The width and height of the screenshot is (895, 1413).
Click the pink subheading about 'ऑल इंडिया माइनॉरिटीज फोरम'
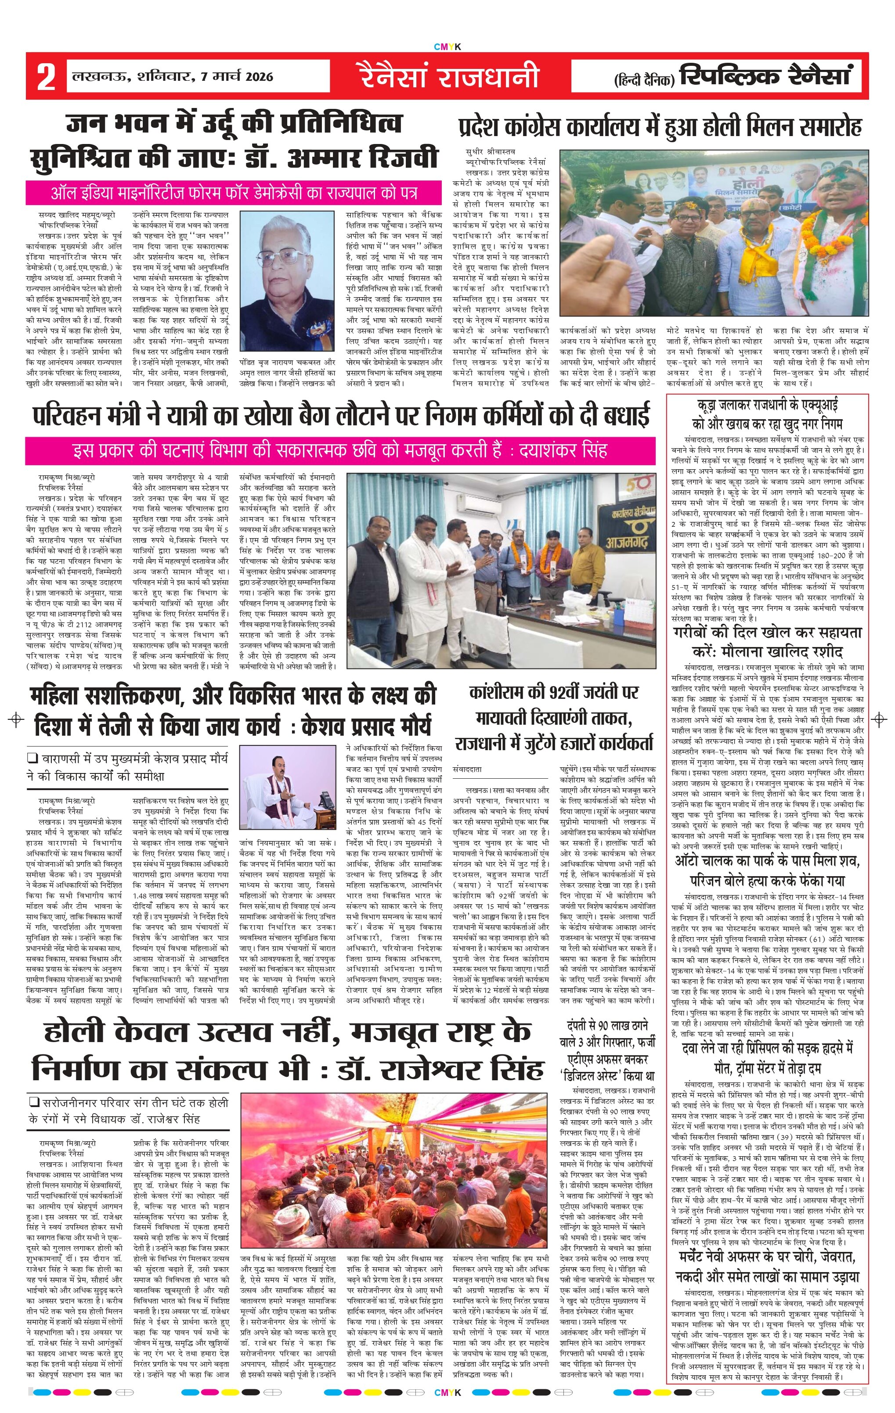tap(234, 193)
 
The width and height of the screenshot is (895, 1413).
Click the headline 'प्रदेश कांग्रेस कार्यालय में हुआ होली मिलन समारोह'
tap(660, 127)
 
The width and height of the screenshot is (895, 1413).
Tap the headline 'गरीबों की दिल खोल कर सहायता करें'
tap(768, 641)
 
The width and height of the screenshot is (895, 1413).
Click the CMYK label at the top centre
tap(447, 47)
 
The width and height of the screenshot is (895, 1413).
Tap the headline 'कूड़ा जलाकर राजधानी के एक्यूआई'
tap(768, 413)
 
